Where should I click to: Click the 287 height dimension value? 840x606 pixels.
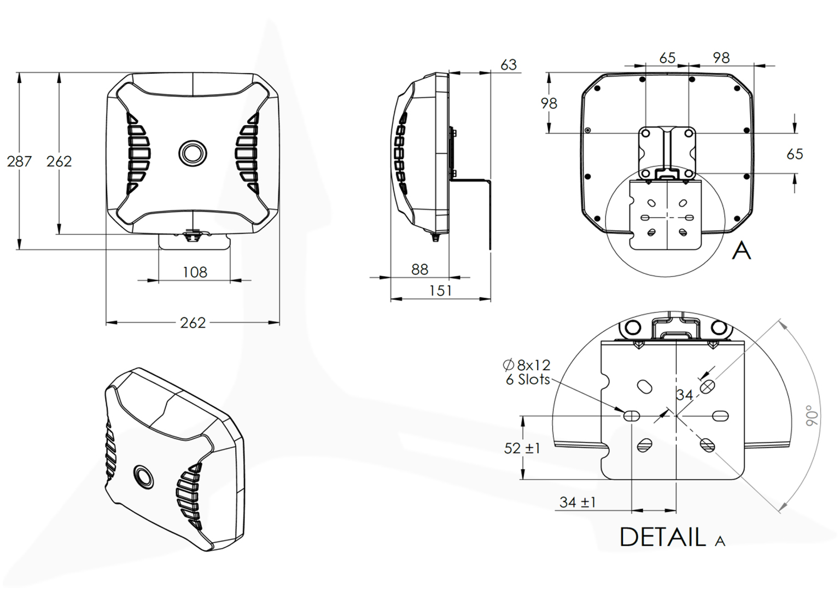[x=19, y=161]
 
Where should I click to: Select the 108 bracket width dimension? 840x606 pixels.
[x=195, y=272]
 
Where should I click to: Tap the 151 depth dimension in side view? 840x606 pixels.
[x=440, y=290]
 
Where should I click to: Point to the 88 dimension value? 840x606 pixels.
[x=419, y=269]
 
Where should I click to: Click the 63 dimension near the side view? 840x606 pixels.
[x=508, y=65]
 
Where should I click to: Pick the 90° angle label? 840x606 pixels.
[x=813, y=416]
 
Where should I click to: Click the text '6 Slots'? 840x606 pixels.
[x=527, y=380]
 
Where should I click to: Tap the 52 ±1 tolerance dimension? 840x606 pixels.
[x=522, y=448]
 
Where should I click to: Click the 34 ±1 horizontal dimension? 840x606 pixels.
[x=577, y=502]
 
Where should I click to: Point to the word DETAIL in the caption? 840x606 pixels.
[x=662, y=537]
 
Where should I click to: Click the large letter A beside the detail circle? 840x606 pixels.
[x=742, y=250]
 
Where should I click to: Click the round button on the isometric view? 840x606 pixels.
[x=144, y=475]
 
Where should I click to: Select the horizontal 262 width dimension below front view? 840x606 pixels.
[x=193, y=323]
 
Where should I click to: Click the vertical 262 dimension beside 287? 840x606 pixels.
[x=59, y=161]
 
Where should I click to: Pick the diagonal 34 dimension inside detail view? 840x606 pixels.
[x=684, y=395]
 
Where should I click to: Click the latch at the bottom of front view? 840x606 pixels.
[x=192, y=235]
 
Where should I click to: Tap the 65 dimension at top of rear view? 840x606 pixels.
[x=667, y=58]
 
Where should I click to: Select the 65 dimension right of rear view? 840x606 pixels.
[x=795, y=154]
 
